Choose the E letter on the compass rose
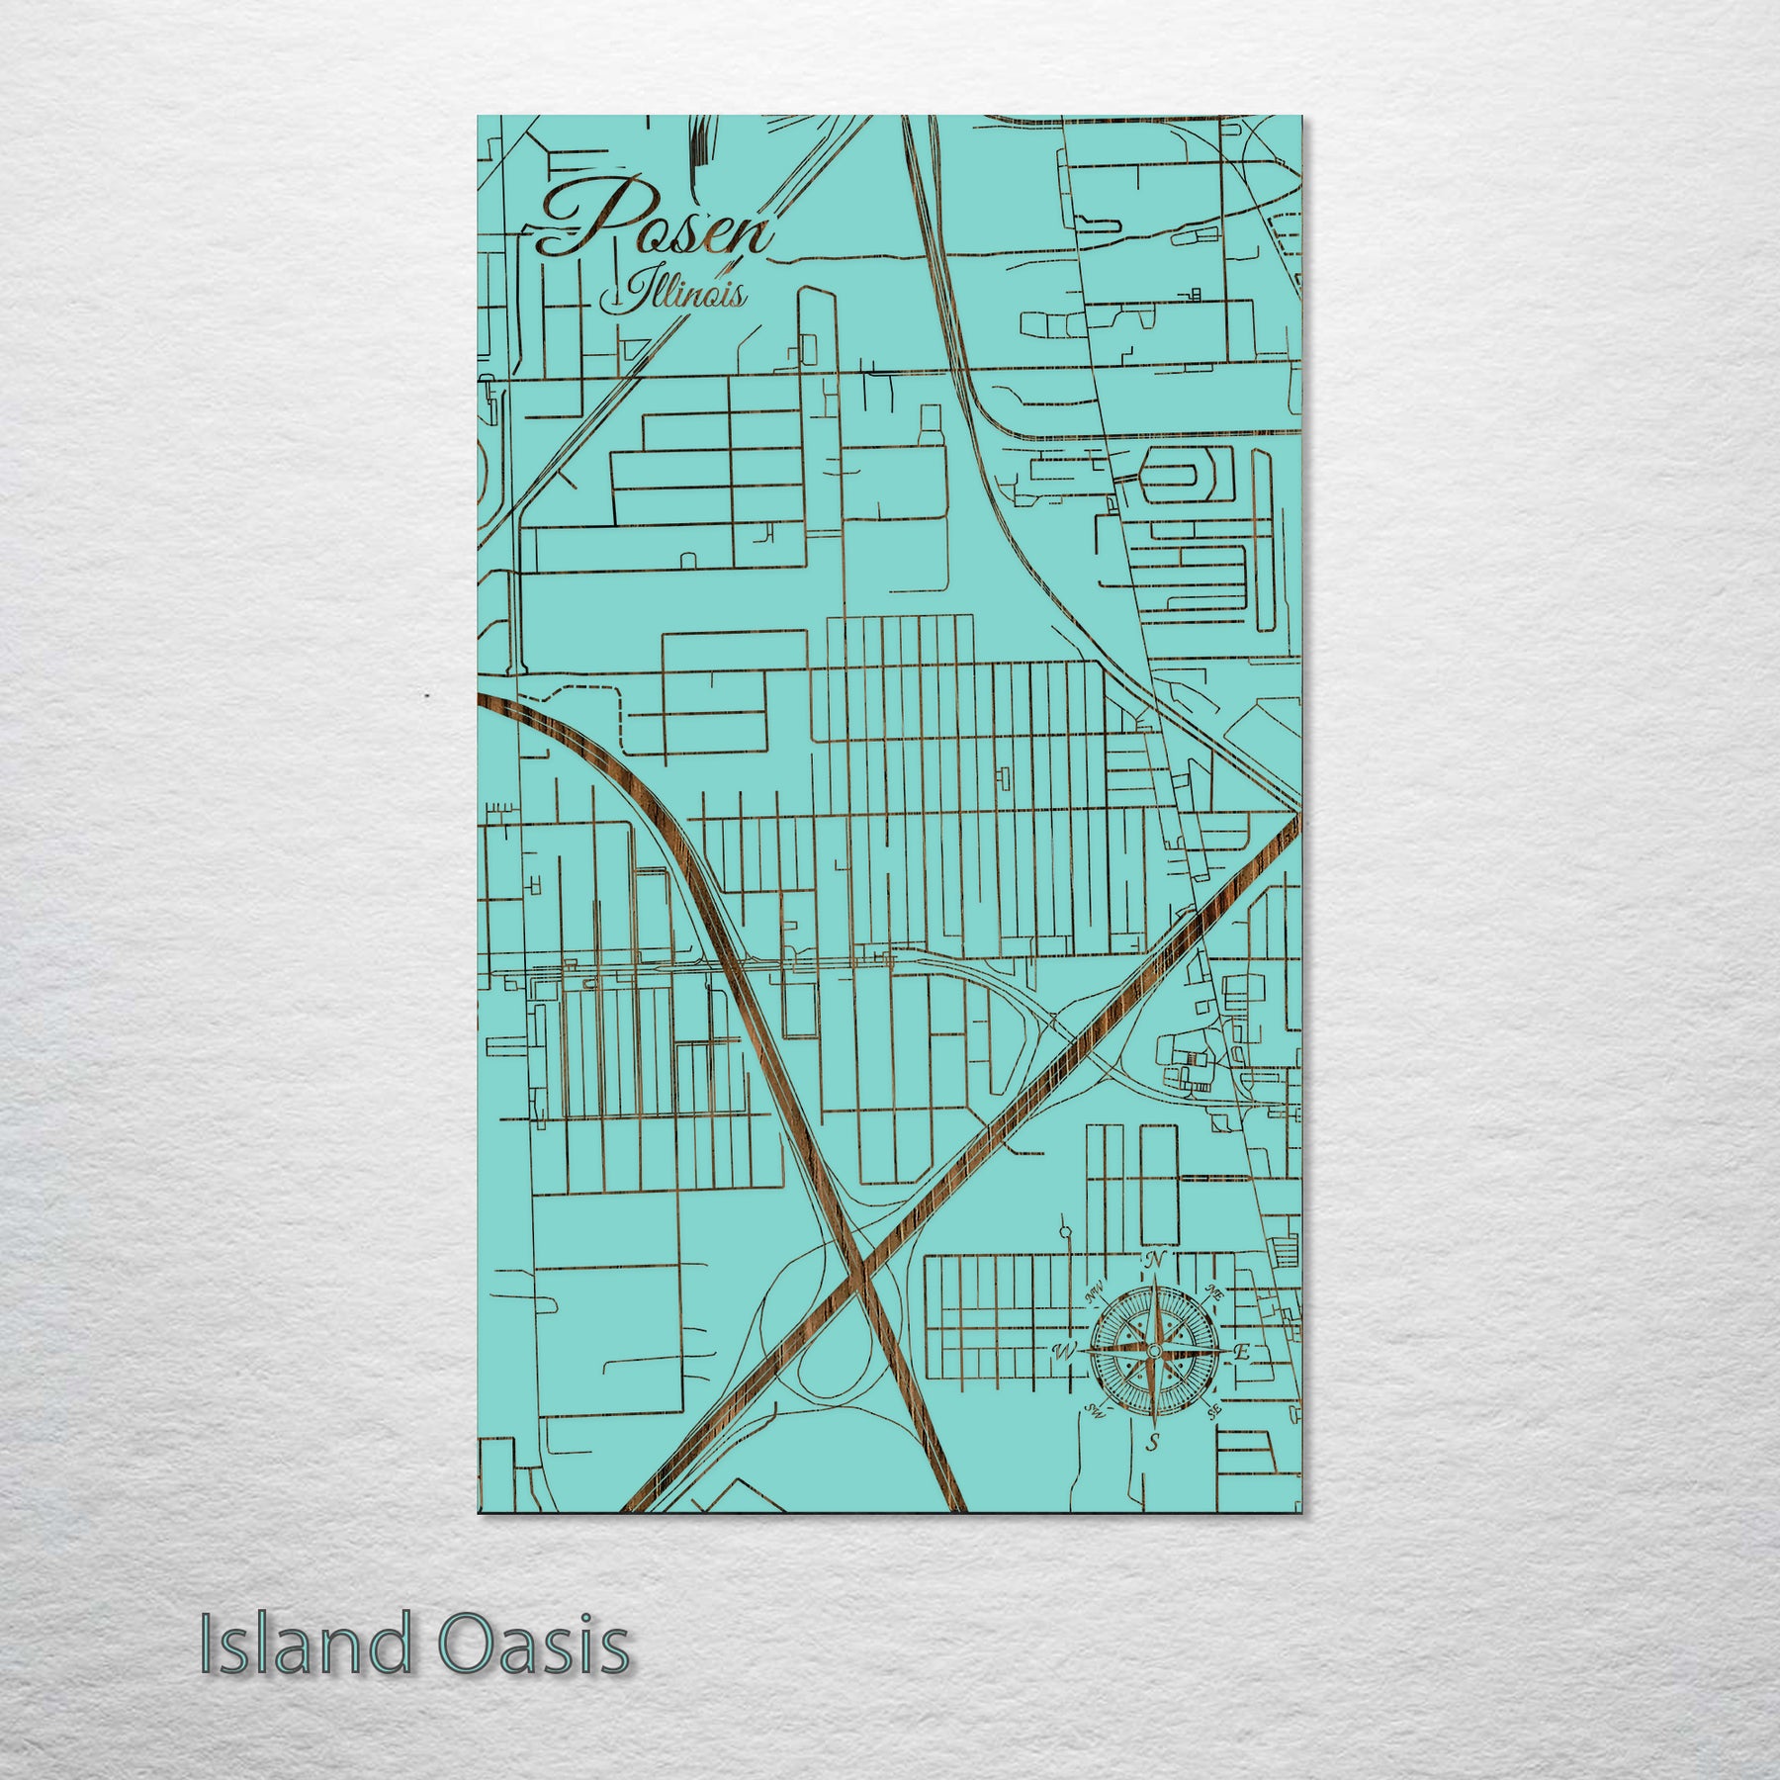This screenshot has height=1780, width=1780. pyautogui.click(x=1243, y=1352)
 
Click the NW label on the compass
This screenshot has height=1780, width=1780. pyautogui.click(x=1094, y=1292)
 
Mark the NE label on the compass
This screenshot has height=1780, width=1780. pyautogui.click(x=1215, y=1293)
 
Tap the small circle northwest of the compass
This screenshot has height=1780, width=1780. pyautogui.click(x=1064, y=1232)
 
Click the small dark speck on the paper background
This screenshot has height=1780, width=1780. pyautogui.click(x=426, y=697)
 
